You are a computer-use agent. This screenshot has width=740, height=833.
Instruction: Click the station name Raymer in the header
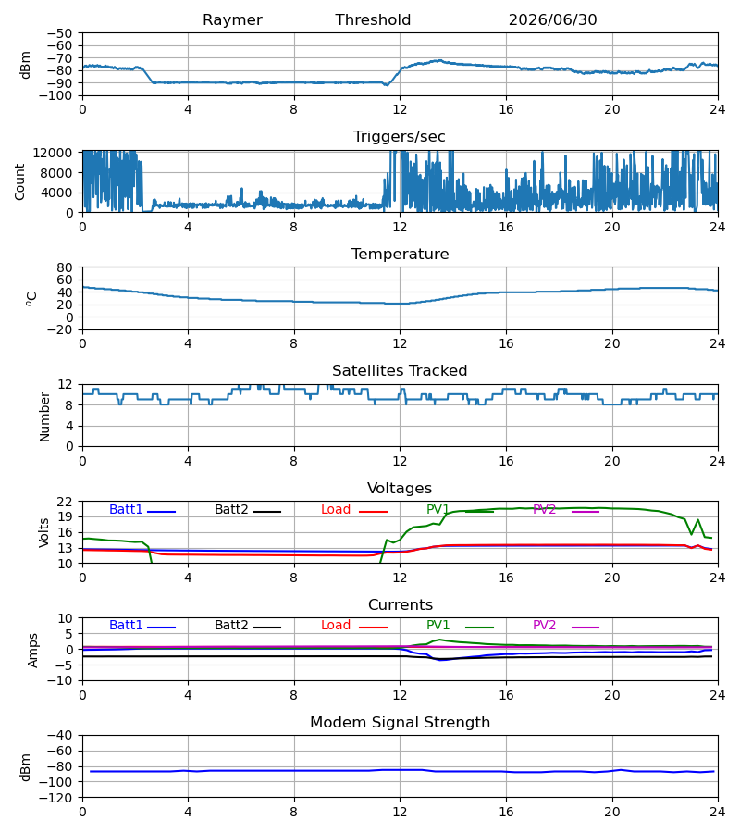tap(232, 20)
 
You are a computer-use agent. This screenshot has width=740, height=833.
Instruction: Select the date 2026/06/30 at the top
tap(552, 20)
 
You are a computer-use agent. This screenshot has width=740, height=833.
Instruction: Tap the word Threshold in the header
tap(373, 20)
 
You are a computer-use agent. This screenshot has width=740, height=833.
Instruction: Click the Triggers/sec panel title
tap(400, 137)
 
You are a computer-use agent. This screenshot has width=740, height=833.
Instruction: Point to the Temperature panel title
tap(400, 254)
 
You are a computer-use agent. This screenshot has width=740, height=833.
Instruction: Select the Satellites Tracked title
tap(400, 371)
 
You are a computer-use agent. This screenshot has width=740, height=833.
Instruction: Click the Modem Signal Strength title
tap(400, 723)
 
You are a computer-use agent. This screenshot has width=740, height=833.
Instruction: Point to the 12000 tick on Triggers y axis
tap(53, 153)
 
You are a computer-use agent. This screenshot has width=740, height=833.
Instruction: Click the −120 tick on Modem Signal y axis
tap(60, 798)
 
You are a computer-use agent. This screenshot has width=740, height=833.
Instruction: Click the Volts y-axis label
tap(43, 533)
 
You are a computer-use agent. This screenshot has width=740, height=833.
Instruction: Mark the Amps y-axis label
tap(33, 651)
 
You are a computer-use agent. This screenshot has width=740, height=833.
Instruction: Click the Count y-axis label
tap(19, 181)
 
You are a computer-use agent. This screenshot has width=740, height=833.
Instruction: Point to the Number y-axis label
tap(44, 416)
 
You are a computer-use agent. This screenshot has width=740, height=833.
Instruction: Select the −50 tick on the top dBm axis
tap(60, 33)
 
